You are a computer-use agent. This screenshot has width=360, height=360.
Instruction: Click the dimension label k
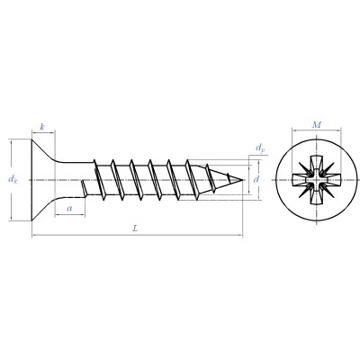pos(42,127)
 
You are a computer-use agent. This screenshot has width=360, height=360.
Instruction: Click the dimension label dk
pos(13,179)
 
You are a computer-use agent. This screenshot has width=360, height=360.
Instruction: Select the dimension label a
pos(69,208)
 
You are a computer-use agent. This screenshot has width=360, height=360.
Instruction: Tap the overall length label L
pos(135,229)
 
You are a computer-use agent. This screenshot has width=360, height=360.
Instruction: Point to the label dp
pos(260,148)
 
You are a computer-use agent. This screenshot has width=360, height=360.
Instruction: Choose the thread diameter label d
pos(256,179)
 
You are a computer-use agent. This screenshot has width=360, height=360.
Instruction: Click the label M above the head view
pos(317,124)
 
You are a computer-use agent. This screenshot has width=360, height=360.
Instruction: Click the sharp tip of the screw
pos(242,180)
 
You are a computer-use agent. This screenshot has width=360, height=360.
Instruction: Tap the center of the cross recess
pos(317,180)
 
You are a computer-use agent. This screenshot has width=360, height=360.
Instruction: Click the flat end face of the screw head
pos(31,180)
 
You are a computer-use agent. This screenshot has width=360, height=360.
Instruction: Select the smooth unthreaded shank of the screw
pos(75,180)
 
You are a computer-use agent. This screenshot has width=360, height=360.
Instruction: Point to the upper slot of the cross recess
pos(317,163)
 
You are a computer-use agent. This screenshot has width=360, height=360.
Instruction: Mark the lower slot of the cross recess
pos(317,195)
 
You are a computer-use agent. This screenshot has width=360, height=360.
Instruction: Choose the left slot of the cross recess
pos(301,180)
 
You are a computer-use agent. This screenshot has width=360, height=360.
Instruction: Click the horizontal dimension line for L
pos(137,235)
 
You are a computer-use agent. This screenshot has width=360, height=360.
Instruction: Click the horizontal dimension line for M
pos(317,130)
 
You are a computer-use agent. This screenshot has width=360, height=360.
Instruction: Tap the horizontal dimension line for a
pos(70,214)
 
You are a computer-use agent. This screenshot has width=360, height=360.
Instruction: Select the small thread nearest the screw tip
pos(229,178)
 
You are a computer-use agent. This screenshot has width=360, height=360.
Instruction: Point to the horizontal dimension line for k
pos(43,131)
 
